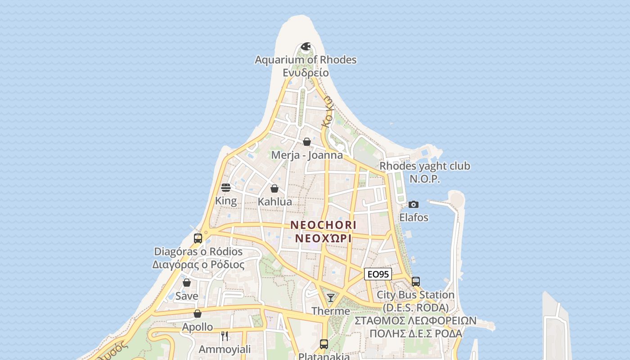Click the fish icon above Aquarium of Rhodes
click(306, 46)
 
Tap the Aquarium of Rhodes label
click(306, 60)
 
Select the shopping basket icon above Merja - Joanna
click(307, 142)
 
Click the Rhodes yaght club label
click(425, 166)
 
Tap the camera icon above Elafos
click(414, 205)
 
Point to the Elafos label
click(414, 217)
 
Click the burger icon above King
click(226, 188)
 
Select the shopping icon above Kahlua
click(274, 189)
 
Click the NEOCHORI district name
click(323, 225)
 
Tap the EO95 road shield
click(378, 274)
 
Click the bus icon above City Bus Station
click(416, 282)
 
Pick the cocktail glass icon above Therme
click(331, 297)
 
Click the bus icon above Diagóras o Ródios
click(198, 238)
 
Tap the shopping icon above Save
click(187, 283)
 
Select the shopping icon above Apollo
click(198, 314)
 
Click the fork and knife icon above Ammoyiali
click(225, 336)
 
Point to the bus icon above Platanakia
click(324, 344)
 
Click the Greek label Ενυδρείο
click(306, 72)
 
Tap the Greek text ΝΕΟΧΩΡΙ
click(323, 238)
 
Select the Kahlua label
click(274, 202)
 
